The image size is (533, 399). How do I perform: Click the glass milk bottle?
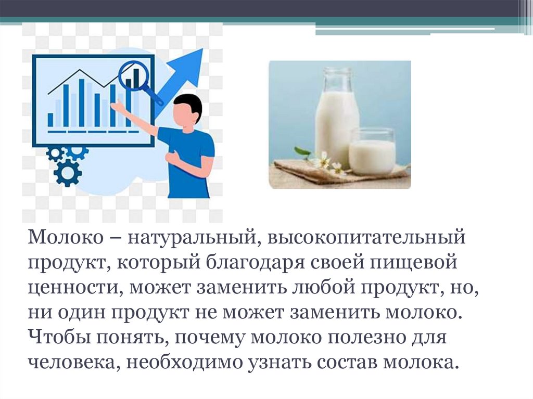[337, 117]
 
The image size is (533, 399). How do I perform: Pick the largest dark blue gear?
[68, 172]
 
